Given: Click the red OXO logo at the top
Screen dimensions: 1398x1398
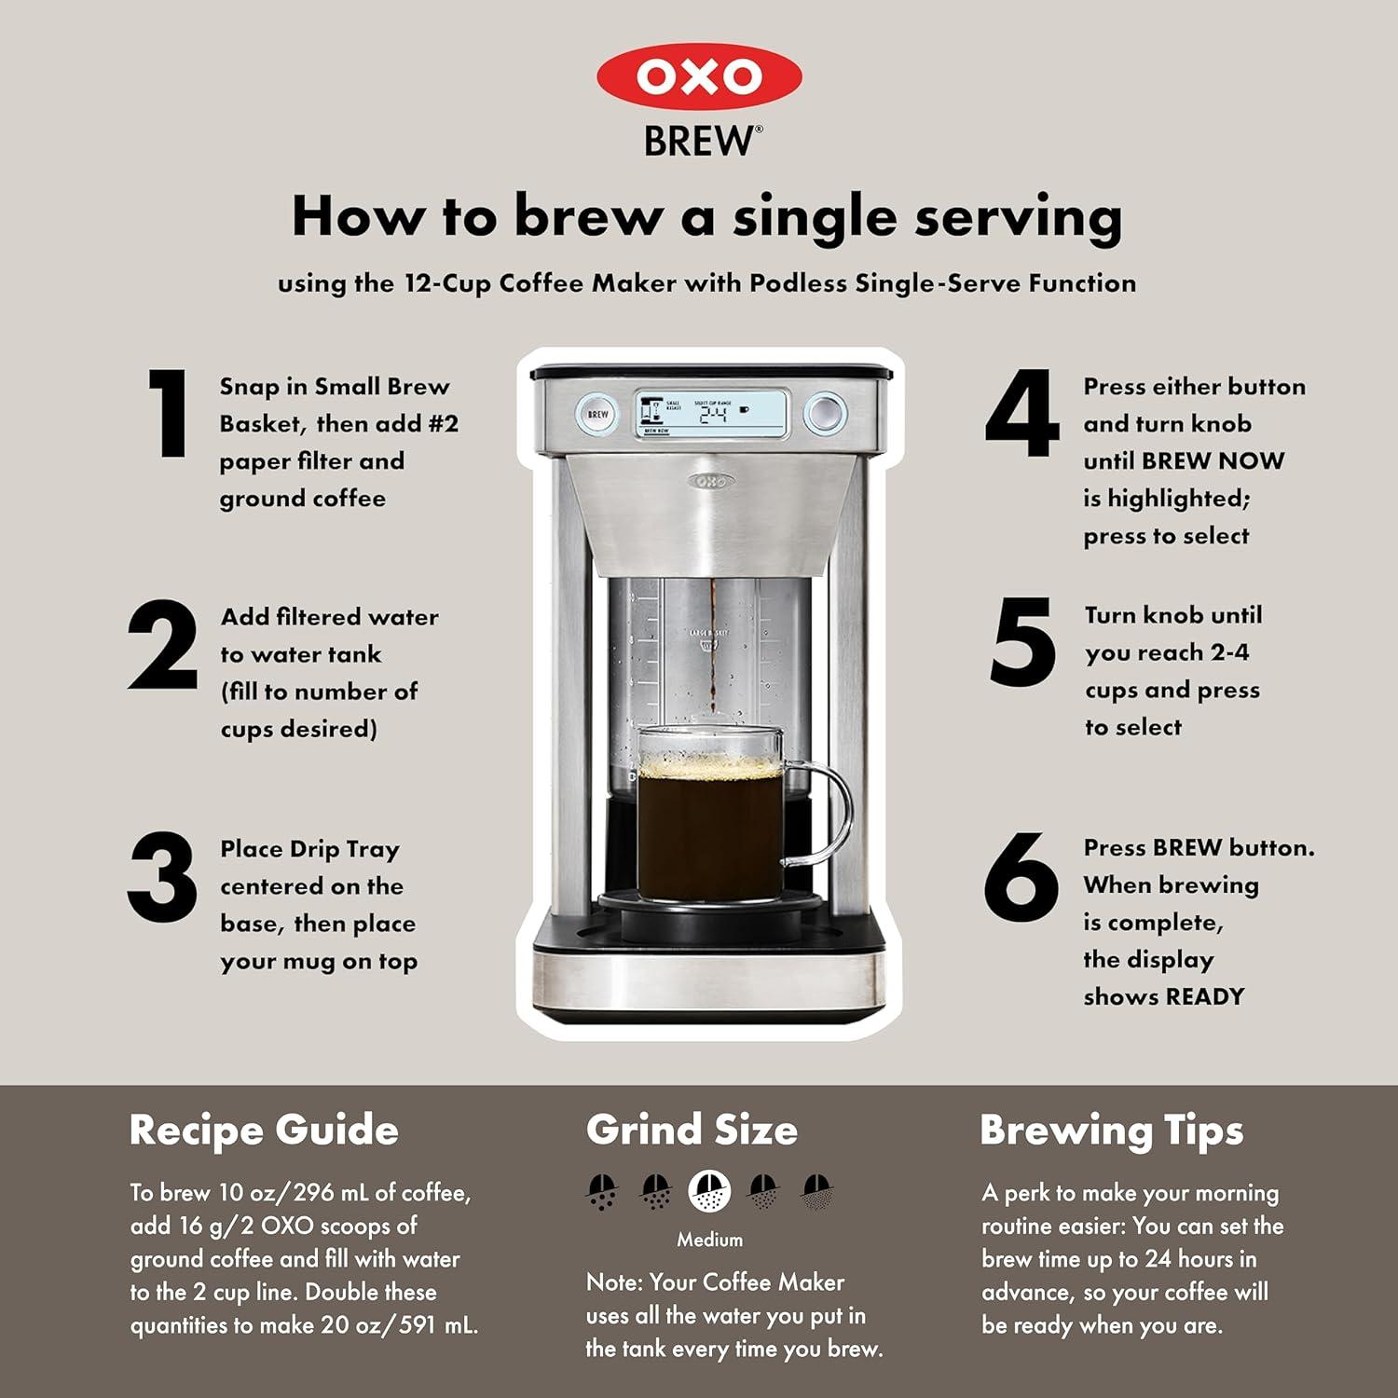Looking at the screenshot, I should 699,76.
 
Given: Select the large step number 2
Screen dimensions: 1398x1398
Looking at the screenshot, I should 163,645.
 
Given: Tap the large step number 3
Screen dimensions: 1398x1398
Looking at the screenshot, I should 162,877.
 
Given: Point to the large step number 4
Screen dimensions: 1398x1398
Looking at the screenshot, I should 1022,413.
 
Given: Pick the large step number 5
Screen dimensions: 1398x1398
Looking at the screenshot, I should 1022,643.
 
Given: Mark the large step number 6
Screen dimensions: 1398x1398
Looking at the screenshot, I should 1021,877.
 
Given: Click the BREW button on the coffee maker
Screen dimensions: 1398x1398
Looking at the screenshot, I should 597,414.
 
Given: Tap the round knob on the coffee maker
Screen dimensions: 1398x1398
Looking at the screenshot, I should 824,413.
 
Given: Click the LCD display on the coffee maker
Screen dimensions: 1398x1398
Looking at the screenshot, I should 711,413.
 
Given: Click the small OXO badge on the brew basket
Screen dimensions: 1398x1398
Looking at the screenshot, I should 711,481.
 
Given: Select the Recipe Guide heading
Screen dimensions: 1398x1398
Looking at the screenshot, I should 264,1130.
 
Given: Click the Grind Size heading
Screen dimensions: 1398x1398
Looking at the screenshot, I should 692,1130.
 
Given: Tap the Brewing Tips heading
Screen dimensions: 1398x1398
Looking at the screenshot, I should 1111,1130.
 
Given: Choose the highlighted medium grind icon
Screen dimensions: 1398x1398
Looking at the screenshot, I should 709,1191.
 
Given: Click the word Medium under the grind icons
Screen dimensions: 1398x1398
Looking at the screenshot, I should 709,1240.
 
